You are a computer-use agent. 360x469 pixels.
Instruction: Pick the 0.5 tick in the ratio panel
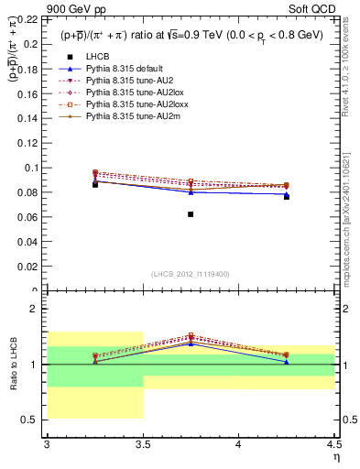[x=34, y=420]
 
